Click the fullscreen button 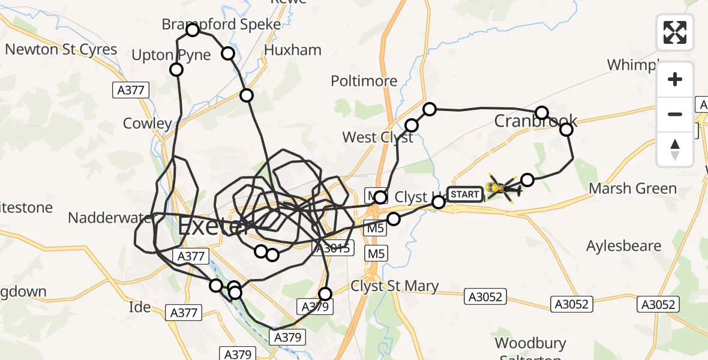pos(675,32)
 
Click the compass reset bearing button pos(675,149)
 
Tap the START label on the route pos(464,194)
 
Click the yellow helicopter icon pos(503,190)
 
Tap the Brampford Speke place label pos(221,24)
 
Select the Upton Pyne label pos(172,55)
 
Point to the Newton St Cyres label pos(61,49)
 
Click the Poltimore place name pos(365,81)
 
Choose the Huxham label pos(292,50)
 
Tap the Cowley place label pos(147,124)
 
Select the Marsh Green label pos(632,188)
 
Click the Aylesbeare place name pos(623,246)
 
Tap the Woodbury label pos(530,343)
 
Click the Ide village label pos(140,307)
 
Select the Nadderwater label pos(108,217)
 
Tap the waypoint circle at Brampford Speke pos(193,30)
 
